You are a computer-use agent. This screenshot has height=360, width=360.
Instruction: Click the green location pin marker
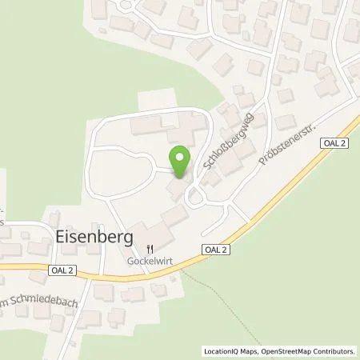(x=181, y=162)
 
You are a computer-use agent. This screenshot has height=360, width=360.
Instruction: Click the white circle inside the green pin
(x=181, y=156)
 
